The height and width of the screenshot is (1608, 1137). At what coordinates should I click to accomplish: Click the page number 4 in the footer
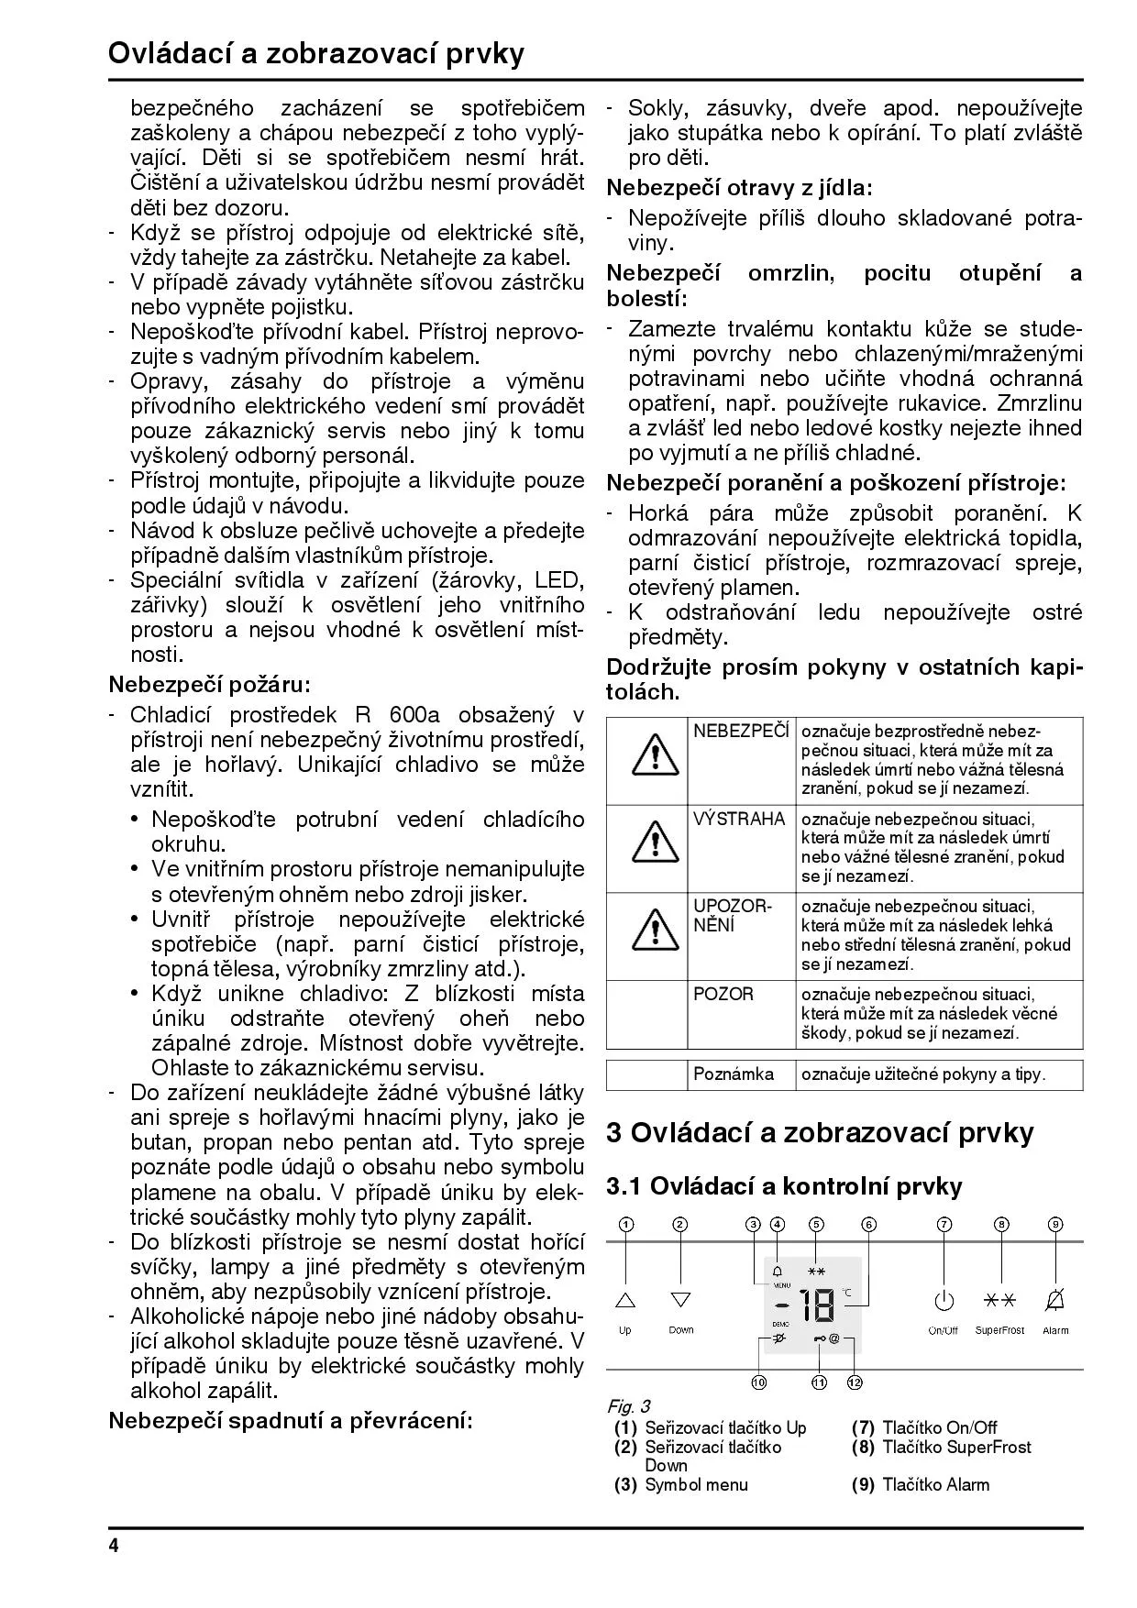(x=114, y=1547)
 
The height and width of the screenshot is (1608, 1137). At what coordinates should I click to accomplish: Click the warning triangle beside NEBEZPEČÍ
(x=655, y=758)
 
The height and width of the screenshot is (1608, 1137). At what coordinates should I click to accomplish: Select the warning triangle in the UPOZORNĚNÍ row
(x=655, y=931)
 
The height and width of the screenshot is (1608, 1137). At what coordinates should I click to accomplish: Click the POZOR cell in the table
(x=723, y=995)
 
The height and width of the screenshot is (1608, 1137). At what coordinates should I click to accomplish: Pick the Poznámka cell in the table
(x=734, y=1074)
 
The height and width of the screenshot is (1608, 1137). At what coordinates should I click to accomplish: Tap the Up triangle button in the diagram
(x=625, y=1300)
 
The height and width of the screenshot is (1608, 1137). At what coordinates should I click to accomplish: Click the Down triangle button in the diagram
(x=680, y=1300)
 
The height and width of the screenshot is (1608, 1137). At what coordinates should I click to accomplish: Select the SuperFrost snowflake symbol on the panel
(x=999, y=1300)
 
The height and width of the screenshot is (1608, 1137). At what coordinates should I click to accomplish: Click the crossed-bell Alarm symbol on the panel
(x=1055, y=1300)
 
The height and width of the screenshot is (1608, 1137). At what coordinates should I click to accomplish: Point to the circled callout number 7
(x=944, y=1225)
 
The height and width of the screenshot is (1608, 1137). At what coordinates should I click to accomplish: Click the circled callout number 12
(x=855, y=1382)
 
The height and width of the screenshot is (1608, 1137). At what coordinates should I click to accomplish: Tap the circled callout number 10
(x=759, y=1382)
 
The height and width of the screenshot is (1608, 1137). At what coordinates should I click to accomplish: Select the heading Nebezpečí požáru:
(x=210, y=685)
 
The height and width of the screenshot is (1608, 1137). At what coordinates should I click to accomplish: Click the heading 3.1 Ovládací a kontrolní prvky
(x=784, y=1187)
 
